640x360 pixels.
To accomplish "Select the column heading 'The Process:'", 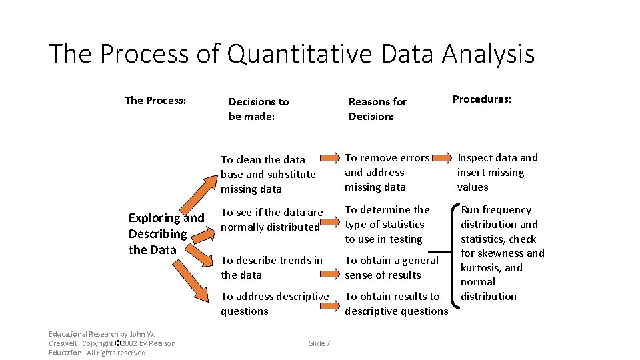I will (155, 101).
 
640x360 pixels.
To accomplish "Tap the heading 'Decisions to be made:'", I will (259, 109).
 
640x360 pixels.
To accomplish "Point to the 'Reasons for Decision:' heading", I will (377, 109).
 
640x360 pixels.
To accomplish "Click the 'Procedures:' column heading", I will (482, 99).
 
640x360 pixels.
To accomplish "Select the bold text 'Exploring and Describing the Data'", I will (166, 234).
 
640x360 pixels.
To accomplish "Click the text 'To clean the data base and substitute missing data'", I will (268, 174).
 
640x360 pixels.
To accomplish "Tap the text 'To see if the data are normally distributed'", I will (271, 219).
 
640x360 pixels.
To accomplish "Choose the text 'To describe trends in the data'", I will (271, 267).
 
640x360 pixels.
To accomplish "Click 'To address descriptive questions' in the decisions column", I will (275, 303).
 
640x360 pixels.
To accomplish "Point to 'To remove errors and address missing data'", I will (387, 173).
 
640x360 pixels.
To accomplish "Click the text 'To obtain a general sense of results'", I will (391, 267).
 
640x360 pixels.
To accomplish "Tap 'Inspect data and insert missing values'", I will (497, 173).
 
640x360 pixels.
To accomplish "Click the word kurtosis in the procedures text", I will (481, 267).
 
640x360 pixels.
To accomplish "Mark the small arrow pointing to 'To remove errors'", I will (329, 158).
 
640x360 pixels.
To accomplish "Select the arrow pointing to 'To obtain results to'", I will (329, 305).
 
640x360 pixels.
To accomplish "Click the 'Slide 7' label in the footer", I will (319, 343).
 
